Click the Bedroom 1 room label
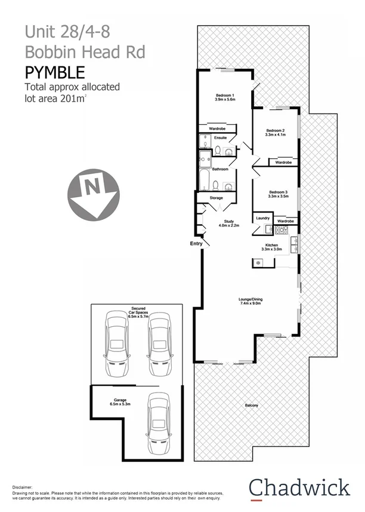pos(224,95)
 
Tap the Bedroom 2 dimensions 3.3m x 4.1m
pos(276,135)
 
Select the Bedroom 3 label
pos(278,192)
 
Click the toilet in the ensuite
pos(219,150)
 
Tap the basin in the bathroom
pos(227,185)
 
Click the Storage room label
pos(216,198)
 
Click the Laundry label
pos(262,218)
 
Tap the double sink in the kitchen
pos(294,243)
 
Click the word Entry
pos(196,244)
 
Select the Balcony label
pos(252,406)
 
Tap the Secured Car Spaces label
pos(138,311)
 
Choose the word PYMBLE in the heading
pos(54,73)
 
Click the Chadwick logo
pos(299,487)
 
